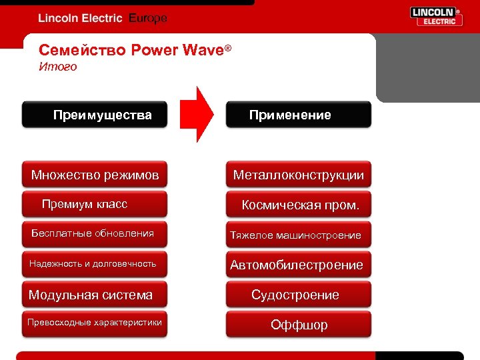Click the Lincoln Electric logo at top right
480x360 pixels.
[436, 17]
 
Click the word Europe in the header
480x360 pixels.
[147, 19]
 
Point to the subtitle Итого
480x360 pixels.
[58, 67]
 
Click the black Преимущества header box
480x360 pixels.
[94, 115]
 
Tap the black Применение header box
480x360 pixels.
[298, 115]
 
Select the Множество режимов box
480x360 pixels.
[94, 175]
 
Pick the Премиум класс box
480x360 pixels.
[94, 204]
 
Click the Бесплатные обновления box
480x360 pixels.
[94, 233]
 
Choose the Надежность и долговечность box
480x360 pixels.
[94, 264]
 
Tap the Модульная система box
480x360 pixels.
[94, 295]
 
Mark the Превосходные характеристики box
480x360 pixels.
[94, 323]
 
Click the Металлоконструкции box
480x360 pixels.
[298, 175]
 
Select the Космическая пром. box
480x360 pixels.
[298, 205]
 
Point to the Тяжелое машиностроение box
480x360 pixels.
[298, 235]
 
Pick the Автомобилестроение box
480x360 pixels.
[298, 265]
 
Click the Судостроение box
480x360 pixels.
[298, 295]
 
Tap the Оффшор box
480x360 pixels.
[298, 325]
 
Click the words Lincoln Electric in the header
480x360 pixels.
[80, 19]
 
